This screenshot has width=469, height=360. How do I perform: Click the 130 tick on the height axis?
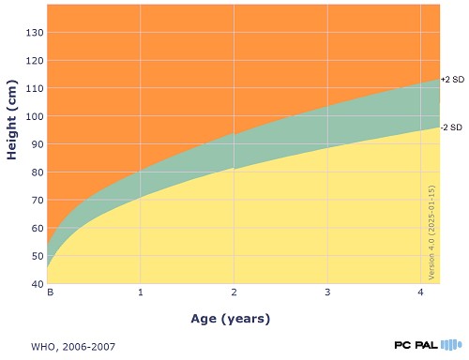point(35,33)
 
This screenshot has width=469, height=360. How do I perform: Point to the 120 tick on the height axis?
point(35,61)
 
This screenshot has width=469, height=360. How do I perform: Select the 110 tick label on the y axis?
point(35,88)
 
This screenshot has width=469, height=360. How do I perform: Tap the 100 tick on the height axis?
point(35,116)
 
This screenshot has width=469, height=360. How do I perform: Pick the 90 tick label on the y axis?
point(38,144)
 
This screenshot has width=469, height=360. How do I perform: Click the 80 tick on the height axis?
point(38,172)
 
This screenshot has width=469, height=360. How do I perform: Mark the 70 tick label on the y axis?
point(38,200)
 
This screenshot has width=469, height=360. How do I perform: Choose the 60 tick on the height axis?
point(38,228)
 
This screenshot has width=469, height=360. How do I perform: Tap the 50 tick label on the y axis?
point(38,256)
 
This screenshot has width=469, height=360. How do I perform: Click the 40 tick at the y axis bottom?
point(38,284)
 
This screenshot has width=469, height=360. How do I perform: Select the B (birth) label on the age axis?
point(50,292)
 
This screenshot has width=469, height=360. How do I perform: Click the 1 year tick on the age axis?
point(141,292)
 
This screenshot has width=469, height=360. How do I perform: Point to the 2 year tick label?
point(234,292)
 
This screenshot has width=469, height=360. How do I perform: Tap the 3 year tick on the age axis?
point(327,292)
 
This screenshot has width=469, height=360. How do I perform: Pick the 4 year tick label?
point(421,292)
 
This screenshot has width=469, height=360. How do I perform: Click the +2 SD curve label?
point(452,80)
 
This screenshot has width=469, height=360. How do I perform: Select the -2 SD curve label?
point(451,127)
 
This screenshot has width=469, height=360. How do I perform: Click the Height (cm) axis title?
point(12,120)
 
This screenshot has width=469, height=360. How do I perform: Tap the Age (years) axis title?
point(231,319)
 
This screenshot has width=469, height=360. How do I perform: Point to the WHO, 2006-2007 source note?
point(73,347)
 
